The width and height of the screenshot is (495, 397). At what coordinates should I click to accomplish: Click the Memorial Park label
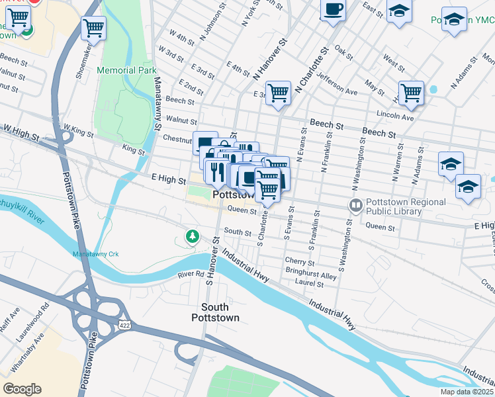(126, 69)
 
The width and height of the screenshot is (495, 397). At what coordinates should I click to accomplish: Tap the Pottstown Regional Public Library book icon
(356, 206)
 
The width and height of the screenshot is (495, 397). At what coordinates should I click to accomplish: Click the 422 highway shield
(124, 325)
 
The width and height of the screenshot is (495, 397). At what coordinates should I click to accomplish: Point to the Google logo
(22, 389)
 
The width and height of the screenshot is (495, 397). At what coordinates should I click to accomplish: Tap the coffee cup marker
(333, 11)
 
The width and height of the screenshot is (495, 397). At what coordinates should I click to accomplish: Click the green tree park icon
(192, 236)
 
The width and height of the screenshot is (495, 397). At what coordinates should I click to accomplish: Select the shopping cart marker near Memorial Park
(94, 28)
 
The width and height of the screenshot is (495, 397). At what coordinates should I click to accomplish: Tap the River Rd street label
(191, 273)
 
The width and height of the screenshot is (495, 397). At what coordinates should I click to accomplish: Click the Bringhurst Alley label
(311, 273)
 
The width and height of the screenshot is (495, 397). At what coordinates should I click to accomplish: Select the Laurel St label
(310, 285)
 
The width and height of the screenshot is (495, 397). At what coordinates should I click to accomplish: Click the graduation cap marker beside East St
(399, 12)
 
